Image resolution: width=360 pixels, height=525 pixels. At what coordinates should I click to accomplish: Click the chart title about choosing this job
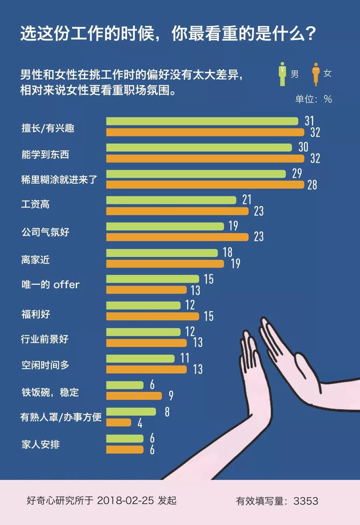[168, 34]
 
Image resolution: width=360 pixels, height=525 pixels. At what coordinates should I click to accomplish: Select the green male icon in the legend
[282, 74]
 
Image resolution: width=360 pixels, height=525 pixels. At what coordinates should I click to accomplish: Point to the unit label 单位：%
[313, 99]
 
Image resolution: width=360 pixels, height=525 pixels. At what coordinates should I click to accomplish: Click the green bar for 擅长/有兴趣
[202, 121]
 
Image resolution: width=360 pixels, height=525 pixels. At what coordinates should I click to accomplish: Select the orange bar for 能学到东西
[205, 158]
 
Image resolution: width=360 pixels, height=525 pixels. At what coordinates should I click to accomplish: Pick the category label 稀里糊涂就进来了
[58, 179]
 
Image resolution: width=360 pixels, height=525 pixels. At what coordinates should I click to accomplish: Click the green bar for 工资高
[171, 200]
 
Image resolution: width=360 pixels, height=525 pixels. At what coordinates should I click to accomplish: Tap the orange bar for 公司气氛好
[177, 237]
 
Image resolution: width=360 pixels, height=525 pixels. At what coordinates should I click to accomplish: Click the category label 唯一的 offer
[50, 285]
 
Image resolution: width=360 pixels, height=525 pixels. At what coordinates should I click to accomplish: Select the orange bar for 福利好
[152, 316]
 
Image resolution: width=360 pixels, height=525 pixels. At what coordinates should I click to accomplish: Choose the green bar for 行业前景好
[143, 332]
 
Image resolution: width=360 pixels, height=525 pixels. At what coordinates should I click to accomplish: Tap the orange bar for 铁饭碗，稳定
[134, 396]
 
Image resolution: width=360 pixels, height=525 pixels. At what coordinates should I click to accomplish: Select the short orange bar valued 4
[118, 422]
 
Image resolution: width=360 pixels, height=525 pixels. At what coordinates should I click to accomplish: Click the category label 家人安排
[40, 443]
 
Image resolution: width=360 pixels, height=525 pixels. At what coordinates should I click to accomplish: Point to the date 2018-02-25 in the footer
[126, 500]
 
